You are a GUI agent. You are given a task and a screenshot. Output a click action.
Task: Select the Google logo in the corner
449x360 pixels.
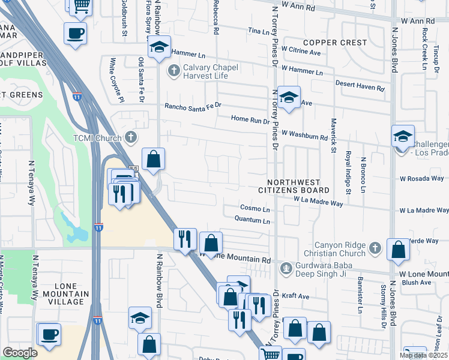coord(20,352)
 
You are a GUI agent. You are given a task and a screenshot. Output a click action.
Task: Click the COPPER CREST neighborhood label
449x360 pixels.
coord(335,43)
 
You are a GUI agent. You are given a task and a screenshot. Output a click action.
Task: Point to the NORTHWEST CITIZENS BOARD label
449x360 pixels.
coord(302,187)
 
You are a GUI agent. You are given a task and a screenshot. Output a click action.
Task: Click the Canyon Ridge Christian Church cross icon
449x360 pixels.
coord(375,247)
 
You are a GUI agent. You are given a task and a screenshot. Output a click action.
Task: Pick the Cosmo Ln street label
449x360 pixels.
coord(255,208)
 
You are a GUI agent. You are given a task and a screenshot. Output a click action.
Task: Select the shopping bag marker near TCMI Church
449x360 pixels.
coord(154,160)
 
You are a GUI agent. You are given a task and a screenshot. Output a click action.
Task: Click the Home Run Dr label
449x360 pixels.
coord(250,120)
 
